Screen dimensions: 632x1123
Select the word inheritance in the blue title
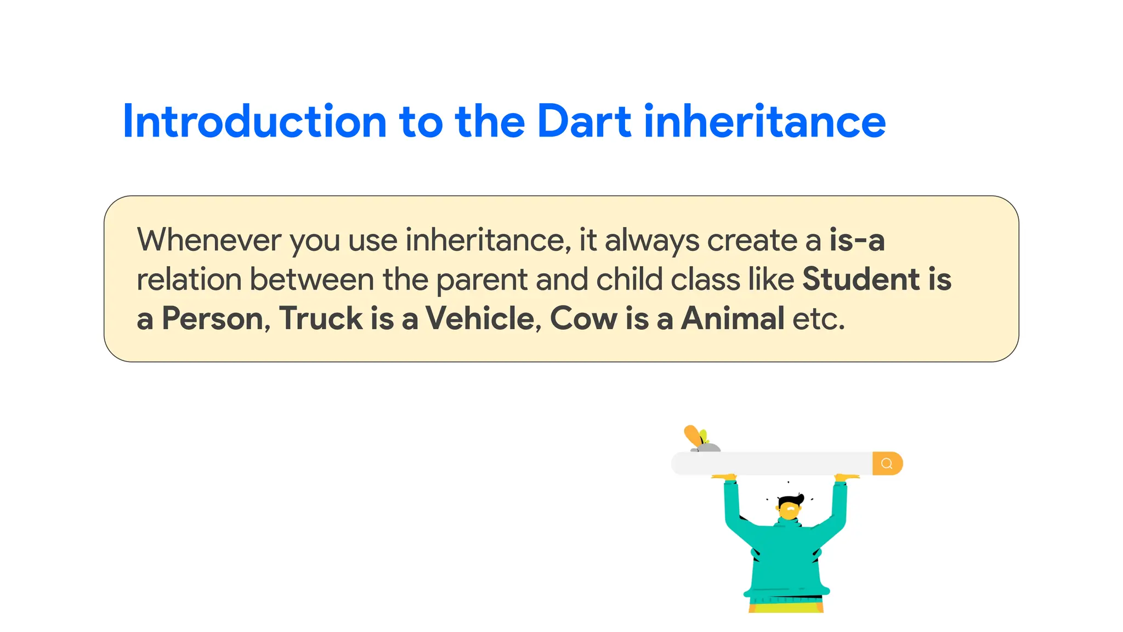(764, 121)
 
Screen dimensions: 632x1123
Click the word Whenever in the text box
(209, 240)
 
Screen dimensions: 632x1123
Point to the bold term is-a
(857, 240)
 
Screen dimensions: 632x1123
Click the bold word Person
(213, 319)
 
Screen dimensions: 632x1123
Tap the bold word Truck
(321, 319)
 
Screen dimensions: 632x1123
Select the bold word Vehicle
(480, 319)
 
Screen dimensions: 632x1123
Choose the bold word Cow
(583, 319)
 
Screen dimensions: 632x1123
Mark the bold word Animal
(733, 319)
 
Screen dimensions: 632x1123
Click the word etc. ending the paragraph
(819, 319)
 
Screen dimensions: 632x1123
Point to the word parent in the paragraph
(481, 280)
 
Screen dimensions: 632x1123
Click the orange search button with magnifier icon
(887, 464)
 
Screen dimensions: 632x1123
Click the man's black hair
(790, 500)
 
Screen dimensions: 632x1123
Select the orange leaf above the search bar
(693, 436)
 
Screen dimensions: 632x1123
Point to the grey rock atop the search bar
(707, 448)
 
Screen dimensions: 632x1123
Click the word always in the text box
(651, 240)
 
